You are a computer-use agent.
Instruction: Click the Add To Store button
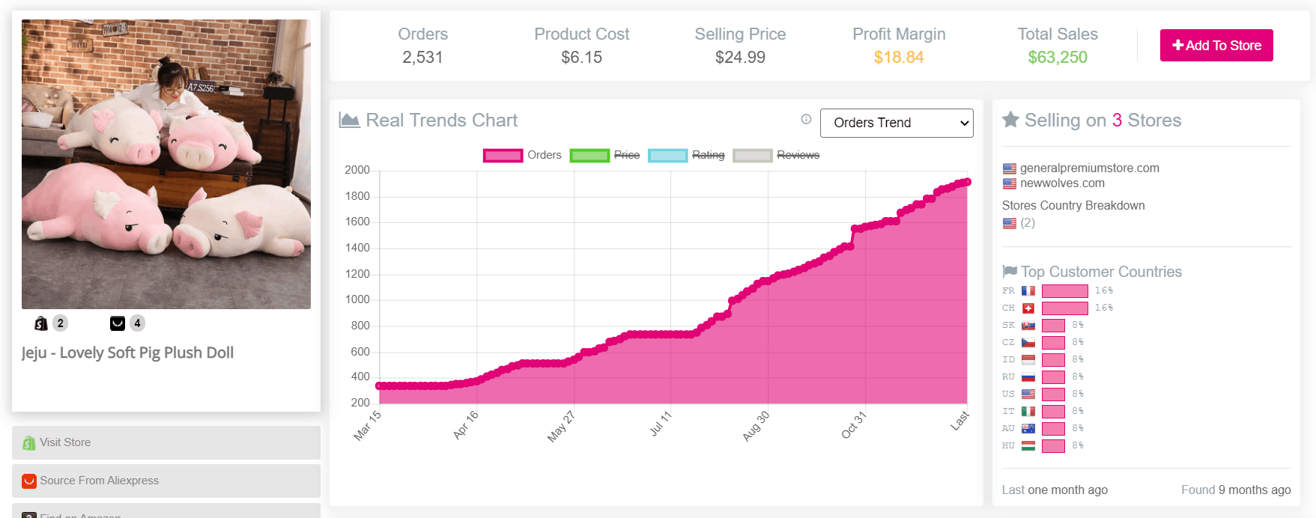1216,46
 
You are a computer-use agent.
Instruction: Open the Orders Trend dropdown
897,123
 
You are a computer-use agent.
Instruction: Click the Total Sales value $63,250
1057,58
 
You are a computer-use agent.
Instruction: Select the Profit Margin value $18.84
899,58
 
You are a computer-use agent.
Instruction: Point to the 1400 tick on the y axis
357,248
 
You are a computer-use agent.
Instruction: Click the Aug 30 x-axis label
756,426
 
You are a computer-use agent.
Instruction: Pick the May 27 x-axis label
561,427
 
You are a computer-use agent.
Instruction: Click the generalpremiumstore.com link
1089,168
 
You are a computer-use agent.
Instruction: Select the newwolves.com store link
1062,183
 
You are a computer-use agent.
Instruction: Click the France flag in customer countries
1028,290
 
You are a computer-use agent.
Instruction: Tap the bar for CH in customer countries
1064,308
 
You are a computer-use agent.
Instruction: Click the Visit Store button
166,442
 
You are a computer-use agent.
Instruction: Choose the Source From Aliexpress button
166,481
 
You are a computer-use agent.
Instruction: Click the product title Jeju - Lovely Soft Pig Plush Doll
127,353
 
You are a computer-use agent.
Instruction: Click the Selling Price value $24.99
740,58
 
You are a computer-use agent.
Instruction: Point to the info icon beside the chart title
806,119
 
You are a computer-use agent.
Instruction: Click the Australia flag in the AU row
1028,428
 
